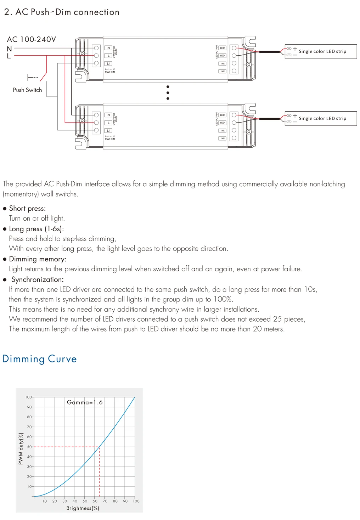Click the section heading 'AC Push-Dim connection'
pyautogui.click(x=67, y=12)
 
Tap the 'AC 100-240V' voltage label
pyautogui.click(x=32, y=39)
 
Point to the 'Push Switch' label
pyautogui.click(x=27, y=90)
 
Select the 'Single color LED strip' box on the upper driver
pyautogui.click(x=321, y=52)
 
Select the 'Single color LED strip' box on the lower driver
pyautogui.click(x=321, y=119)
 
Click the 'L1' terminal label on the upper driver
pyautogui.click(x=109, y=64)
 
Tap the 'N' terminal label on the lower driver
pyautogui.click(x=109, y=115)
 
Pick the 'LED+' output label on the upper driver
pyautogui.click(x=223, y=48)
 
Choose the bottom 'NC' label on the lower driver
pyautogui.click(x=223, y=139)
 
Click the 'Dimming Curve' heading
pyautogui.click(x=39, y=359)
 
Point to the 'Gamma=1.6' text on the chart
pyautogui.click(x=85, y=402)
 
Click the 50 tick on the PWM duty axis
pyautogui.click(x=29, y=447)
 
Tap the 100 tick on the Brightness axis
pyautogui.click(x=136, y=501)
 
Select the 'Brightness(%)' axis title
pyautogui.click(x=83, y=508)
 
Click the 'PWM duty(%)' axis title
pyautogui.click(x=21, y=448)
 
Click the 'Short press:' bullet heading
pyautogui.click(x=27, y=208)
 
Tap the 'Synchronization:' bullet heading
pyautogui.click(x=37, y=279)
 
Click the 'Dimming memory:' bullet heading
pyautogui.click(x=38, y=259)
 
